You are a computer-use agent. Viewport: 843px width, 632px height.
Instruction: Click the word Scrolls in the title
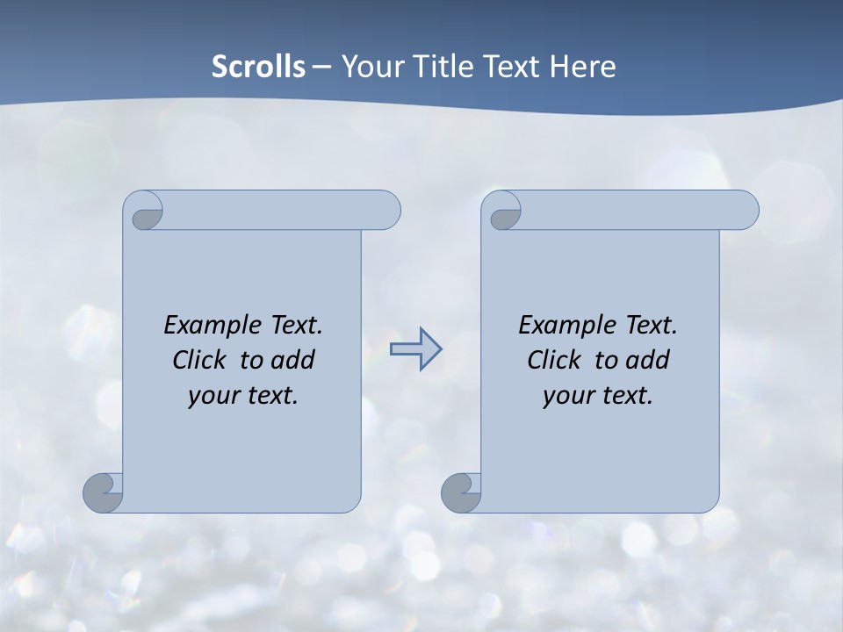click(x=258, y=67)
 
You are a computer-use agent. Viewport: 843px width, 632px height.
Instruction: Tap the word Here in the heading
click(x=582, y=67)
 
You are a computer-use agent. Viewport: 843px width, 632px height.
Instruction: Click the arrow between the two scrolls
click(x=415, y=349)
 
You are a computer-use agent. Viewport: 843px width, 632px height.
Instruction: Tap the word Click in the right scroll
click(x=554, y=360)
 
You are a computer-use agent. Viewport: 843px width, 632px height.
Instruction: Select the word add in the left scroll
click(x=292, y=360)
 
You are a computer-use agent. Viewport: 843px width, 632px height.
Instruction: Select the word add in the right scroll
click(x=647, y=360)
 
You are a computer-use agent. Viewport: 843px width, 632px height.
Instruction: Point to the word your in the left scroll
click(x=213, y=396)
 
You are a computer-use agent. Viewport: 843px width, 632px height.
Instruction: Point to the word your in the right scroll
click(x=567, y=396)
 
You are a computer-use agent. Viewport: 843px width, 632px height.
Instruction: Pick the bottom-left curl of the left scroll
click(x=104, y=492)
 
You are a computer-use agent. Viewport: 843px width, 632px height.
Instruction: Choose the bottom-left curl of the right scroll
click(x=461, y=492)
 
